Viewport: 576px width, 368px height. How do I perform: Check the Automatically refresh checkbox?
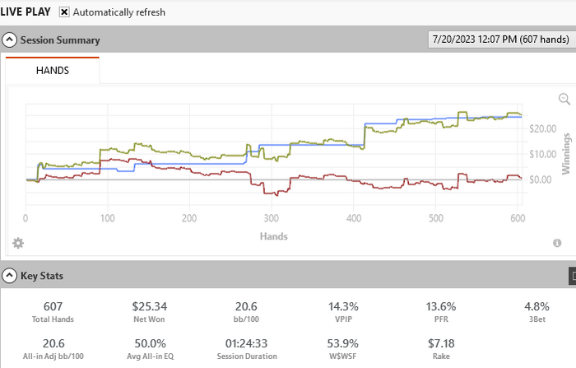tap(64, 12)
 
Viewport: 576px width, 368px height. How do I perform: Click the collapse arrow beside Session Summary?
tap(10, 40)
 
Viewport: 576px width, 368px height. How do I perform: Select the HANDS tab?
tap(53, 71)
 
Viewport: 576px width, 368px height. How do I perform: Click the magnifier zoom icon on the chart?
tap(564, 99)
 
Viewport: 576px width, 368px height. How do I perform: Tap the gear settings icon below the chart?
tap(18, 243)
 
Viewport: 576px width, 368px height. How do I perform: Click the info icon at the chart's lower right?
tap(557, 243)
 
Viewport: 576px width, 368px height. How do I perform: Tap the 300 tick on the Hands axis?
tap(272, 219)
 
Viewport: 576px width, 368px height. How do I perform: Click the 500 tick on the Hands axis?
tap(435, 219)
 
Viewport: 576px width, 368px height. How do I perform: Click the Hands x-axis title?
tap(273, 235)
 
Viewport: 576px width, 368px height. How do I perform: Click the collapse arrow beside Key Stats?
tap(10, 276)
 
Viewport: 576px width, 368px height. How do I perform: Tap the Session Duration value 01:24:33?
tap(247, 343)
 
